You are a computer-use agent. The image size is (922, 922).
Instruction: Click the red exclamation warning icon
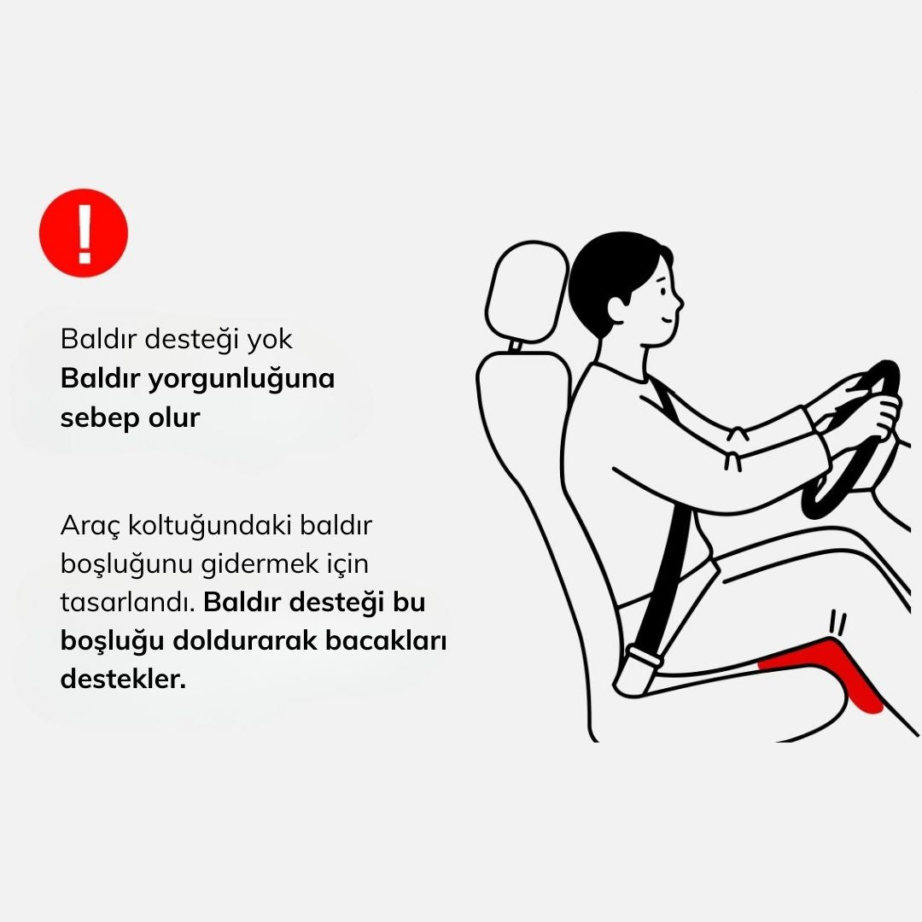84,233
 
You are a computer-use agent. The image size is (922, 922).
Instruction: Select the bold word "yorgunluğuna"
241,380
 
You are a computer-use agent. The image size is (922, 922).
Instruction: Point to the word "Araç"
90,526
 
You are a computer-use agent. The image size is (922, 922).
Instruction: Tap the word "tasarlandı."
127,603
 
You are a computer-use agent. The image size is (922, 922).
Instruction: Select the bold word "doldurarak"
245,640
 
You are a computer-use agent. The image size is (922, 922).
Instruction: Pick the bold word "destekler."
123,680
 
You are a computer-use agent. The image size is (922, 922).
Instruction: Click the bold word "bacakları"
386,640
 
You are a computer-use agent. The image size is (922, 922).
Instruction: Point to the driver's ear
616,309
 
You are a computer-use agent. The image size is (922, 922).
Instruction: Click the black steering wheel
853,437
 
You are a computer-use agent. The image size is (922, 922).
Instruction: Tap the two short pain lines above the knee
838,623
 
